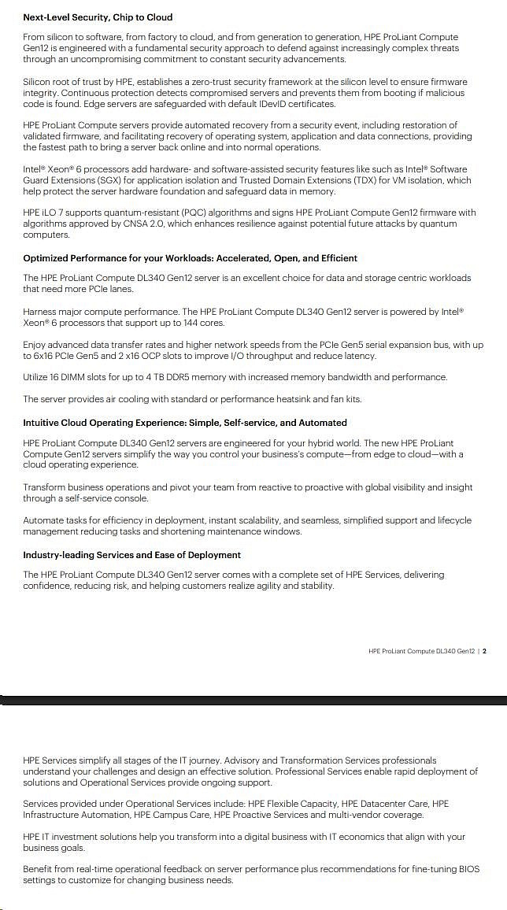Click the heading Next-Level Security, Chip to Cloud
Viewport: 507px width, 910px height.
tap(98, 17)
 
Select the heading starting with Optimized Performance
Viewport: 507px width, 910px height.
tap(190, 257)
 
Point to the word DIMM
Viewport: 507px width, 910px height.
tap(80, 377)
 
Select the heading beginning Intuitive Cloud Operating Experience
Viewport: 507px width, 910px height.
tap(184, 422)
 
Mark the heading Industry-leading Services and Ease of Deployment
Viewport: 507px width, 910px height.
tap(131, 554)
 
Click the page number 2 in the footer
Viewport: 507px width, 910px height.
tap(484, 651)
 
